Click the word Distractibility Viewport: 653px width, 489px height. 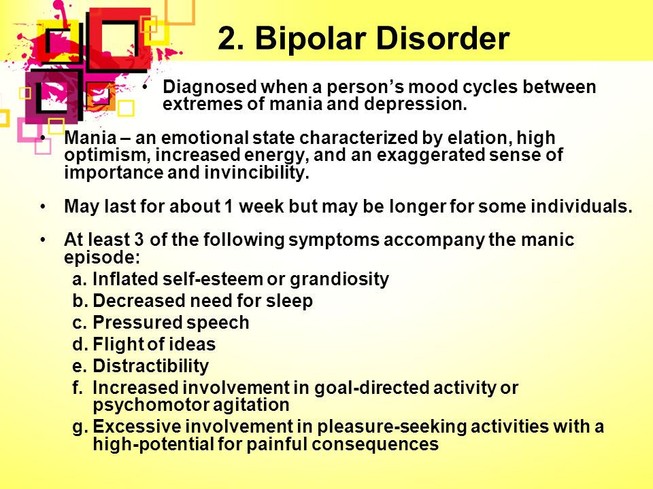(x=150, y=366)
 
